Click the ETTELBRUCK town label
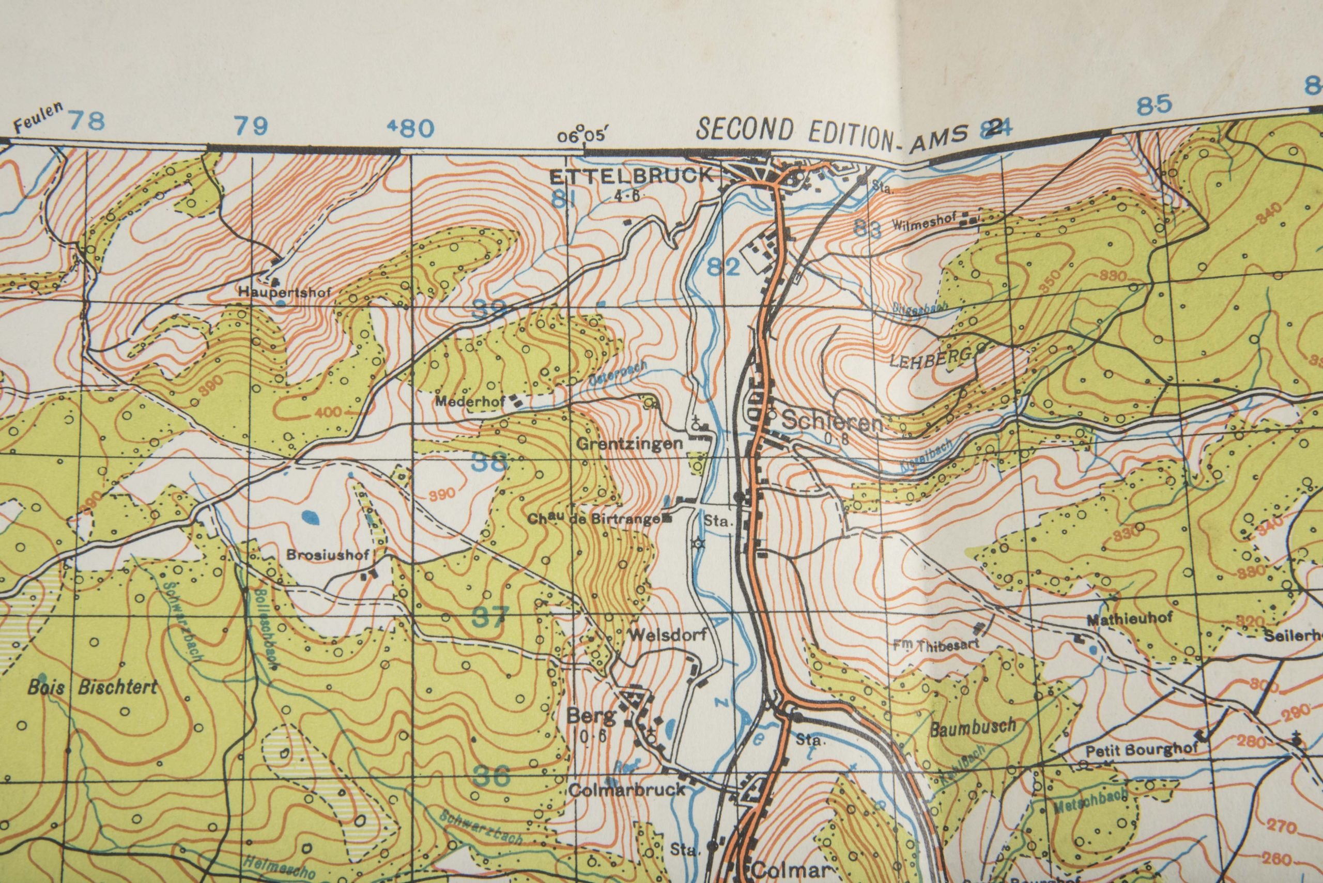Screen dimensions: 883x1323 tap(630, 176)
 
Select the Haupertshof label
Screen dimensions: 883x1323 tap(284, 292)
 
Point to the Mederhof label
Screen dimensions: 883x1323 tap(471, 402)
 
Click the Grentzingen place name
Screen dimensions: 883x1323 tap(629, 444)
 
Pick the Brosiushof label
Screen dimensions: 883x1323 tap(328, 555)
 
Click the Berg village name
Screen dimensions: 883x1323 tap(584, 717)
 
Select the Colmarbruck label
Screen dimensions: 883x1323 tap(627, 789)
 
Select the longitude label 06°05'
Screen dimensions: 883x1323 tap(583, 136)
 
